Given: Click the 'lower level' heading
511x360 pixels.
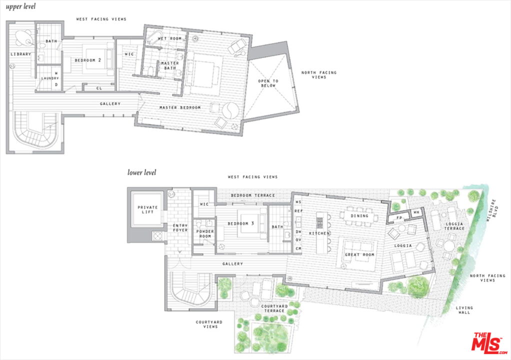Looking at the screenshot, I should [141, 172].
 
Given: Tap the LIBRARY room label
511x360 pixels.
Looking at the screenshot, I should [20, 54].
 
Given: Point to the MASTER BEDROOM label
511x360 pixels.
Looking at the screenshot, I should [179, 107].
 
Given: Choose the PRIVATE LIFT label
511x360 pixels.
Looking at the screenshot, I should [147, 209].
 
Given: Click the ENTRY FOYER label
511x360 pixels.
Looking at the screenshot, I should [180, 227].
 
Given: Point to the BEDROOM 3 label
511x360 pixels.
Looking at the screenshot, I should [241, 223].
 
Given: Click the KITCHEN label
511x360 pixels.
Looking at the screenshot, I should [318, 233].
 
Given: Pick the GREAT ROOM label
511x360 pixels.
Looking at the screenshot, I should [359, 254].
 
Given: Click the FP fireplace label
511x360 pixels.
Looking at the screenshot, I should [399, 218].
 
